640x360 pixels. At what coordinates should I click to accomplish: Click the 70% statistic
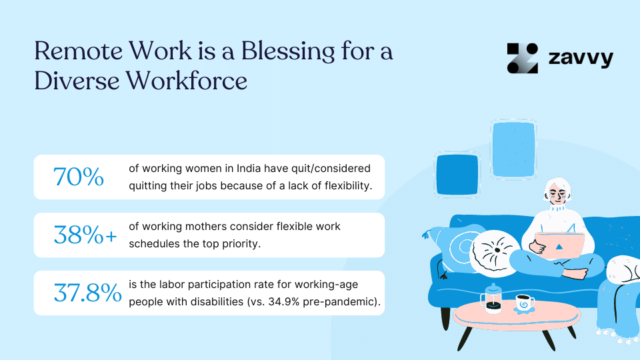tap(79, 177)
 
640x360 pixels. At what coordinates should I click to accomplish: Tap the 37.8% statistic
tap(88, 293)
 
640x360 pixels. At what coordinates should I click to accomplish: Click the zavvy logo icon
tap(522, 58)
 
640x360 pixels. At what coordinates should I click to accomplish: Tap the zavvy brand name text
tap(580, 58)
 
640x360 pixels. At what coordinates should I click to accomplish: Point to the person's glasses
tap(557, 196)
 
